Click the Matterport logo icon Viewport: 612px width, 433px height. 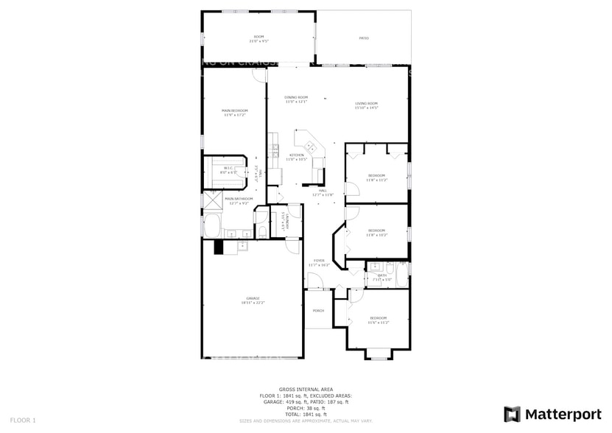coord(512,414)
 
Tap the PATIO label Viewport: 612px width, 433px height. coord(364,38)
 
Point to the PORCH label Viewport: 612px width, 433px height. coord(319,310)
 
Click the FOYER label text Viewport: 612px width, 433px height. coord(319,260)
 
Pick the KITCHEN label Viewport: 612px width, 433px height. coord(296,155)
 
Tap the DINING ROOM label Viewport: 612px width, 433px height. coord(297,98)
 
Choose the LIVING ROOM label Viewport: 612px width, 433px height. coord(366,103)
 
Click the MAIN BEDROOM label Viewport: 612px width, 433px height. coord(234,111)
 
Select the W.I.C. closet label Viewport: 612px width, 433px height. coord(229,168)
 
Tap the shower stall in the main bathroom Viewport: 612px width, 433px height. coord(213,200)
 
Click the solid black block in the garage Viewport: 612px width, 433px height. coord(219,247)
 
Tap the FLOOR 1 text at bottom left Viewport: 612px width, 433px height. coord(24,420)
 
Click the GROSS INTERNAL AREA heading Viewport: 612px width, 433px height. coord(306,389)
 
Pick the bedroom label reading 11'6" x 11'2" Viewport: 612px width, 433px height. coord(378,320)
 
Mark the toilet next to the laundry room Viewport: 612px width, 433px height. coord(262,232)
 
